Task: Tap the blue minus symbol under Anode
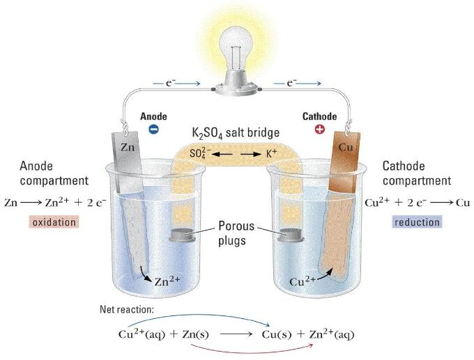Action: pyautogui.click(x=153, y=130)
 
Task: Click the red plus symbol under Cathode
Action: pyautogui.click(x=319, y=130)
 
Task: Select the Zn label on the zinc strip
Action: pyautogui.click(x=128, y=147)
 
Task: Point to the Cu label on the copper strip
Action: pyautogui.click(x=346, y=147)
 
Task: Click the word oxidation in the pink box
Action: pyautogui.click(x=54, y=222)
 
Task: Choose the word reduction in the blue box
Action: pyautogui.click(x=417, y=222)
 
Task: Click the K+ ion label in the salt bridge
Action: pyautogui.click(x=271, y=153)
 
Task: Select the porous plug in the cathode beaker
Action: pyautogui.click(x=291, y=235)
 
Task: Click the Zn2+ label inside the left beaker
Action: pyautogui.click(x=167, y=281)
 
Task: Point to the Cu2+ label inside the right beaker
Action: pyautogui.click(x=303, y=281)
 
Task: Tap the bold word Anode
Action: pyautogui.click(x=153, y=116)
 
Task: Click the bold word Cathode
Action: pyautogui.click(x=319, y=116)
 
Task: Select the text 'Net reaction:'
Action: pyautogui.click(x=127, y=309)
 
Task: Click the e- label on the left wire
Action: pyautogui.click(x=170, y=82)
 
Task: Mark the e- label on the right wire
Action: pyautogui.click(x=291, y=82)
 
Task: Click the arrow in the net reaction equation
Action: pyautogui.click(x=236, y=334)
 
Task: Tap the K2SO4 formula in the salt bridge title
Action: pyautogui.click(x=208, y=133)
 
